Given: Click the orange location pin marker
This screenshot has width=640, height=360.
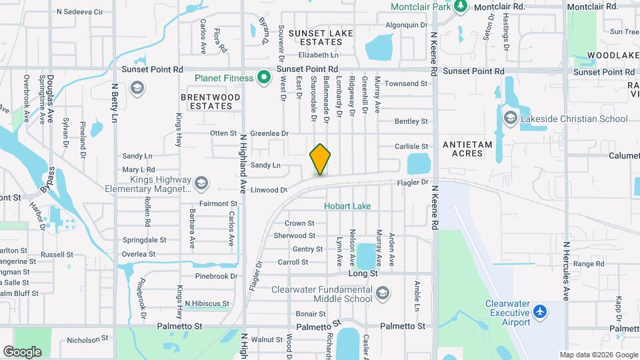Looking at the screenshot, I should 320,159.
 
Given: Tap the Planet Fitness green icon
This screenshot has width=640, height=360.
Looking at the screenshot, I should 264,78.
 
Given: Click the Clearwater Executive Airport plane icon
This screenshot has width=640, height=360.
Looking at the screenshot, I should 540,311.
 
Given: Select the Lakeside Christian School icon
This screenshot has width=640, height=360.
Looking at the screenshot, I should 511,119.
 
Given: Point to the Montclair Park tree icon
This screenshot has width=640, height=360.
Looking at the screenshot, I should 460,6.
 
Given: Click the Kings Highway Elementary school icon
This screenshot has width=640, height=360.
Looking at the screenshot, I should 201,183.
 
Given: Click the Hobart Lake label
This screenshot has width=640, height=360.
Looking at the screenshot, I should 347,206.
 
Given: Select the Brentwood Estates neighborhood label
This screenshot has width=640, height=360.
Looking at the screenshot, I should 211,101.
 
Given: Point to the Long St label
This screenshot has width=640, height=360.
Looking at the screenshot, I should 363,273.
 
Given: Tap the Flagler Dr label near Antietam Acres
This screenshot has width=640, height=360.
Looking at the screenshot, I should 415,181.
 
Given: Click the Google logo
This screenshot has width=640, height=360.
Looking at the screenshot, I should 22,351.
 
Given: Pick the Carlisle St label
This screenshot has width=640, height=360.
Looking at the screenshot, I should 411,146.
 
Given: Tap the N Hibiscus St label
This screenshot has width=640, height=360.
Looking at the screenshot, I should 207,303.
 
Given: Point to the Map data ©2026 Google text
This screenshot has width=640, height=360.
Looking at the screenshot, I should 598,355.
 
